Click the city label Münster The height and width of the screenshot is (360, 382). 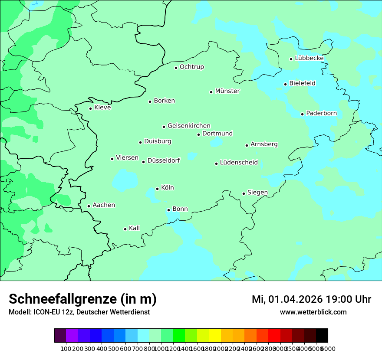coord(227,91)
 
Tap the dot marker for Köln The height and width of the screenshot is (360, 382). coord(157,189)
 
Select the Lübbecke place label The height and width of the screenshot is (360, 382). coord(309,58)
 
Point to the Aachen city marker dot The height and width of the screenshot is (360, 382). coord(89,206)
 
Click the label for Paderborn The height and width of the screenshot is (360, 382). coord(321,113)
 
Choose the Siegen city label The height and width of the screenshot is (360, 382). coord(257,193)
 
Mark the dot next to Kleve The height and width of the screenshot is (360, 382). coord(90,108)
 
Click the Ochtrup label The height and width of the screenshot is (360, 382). coord(191,67)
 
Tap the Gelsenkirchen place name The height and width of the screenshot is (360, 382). coord(189,126)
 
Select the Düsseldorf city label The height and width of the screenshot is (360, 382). coord(163,160)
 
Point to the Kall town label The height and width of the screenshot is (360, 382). coord(134,228)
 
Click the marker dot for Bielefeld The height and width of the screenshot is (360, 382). coord(285,84)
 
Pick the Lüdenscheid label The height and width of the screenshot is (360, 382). coord(239,163)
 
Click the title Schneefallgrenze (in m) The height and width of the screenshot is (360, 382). coord(82,299)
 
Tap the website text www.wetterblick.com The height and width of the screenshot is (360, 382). coord(313,312)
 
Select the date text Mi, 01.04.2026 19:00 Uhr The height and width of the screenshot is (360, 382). coord(311,299)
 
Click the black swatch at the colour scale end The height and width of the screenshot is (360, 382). coord(322,336)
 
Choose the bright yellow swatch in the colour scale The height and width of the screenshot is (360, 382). coord(215,336)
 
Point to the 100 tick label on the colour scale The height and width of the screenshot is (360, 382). coord(66,348)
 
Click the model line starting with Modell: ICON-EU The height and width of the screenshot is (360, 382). coord(79,312)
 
